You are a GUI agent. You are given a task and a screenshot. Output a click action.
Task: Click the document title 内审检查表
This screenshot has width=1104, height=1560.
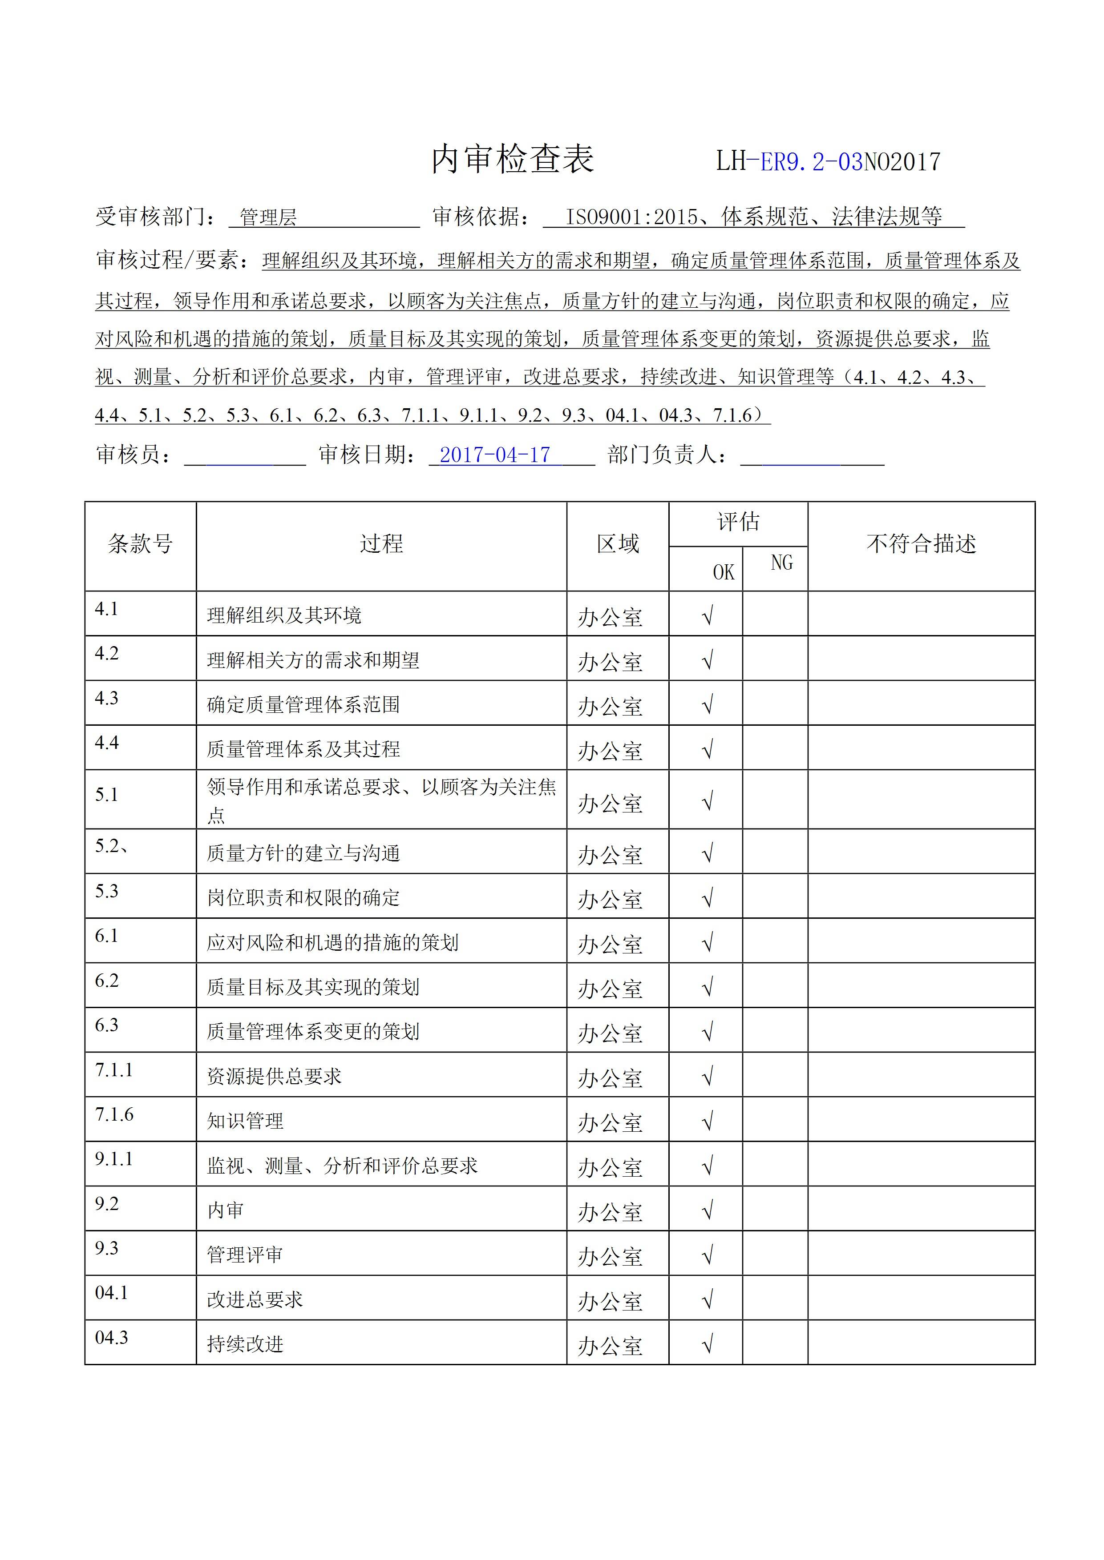click(513, 160)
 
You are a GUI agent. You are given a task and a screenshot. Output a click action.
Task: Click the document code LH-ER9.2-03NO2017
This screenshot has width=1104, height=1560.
click(828, 162)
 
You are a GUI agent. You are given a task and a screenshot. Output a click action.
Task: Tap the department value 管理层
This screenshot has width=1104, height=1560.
click(268, 217)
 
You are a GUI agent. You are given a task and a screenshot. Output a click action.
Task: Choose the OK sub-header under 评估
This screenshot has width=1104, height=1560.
click(723, 572)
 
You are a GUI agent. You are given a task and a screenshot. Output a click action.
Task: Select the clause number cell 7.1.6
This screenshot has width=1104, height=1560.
click(114, 1115)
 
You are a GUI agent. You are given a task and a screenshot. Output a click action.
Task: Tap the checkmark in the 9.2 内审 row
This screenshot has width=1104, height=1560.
click(707, 1210)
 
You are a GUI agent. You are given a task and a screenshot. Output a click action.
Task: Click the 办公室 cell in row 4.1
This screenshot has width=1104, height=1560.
click(610, 617)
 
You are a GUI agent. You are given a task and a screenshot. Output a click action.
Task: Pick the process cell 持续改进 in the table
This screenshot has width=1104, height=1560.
click(246, 1344)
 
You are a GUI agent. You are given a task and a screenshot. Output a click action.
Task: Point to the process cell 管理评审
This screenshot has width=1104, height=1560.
click(246, 1254)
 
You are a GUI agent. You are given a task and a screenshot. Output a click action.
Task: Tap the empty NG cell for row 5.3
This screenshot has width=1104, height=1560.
click(775, 896)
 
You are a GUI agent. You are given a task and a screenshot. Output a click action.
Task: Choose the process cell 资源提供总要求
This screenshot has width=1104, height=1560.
click(274, 1076)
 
